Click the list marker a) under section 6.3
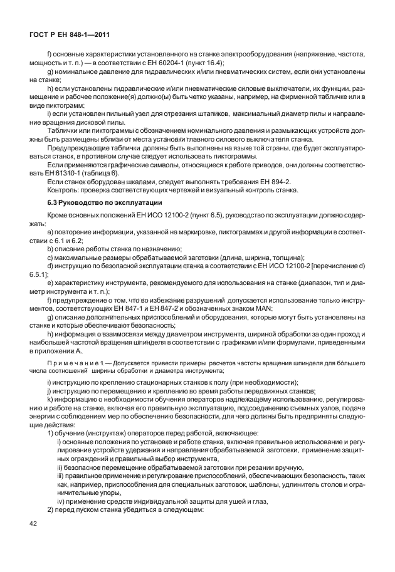tap(50, 232)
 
